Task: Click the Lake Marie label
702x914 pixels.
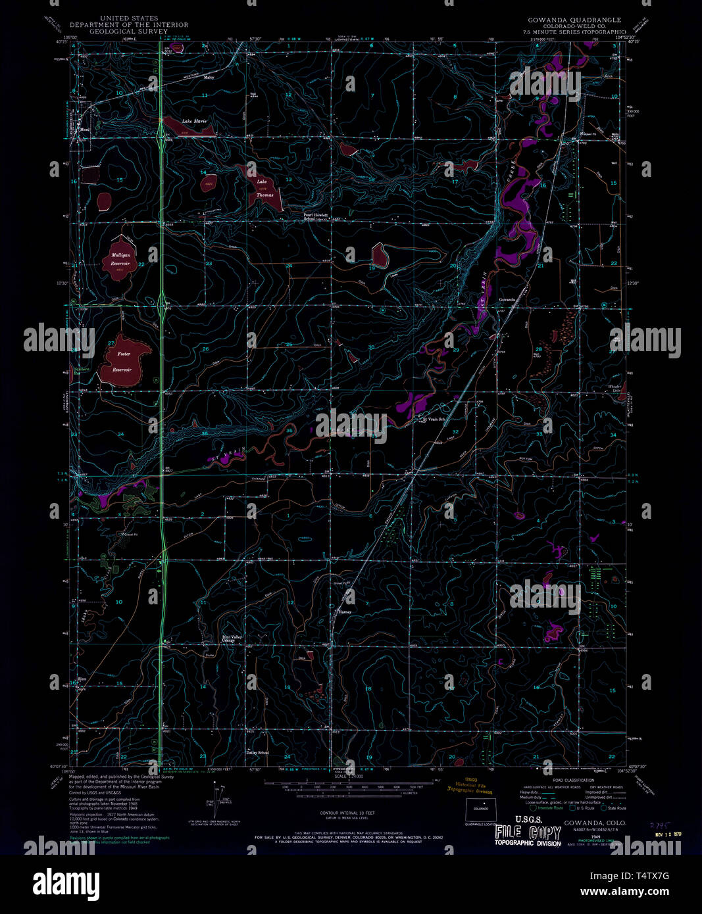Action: click(x=195, y=122)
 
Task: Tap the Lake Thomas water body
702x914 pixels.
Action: click(x=266, y=189)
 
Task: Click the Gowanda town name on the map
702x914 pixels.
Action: click(x=507, y=300)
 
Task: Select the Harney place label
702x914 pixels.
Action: click(x=345, y=612)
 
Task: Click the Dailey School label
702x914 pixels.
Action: click(x=257, y=753)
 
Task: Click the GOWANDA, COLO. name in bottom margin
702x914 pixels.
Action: click(x=595, y=823)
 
